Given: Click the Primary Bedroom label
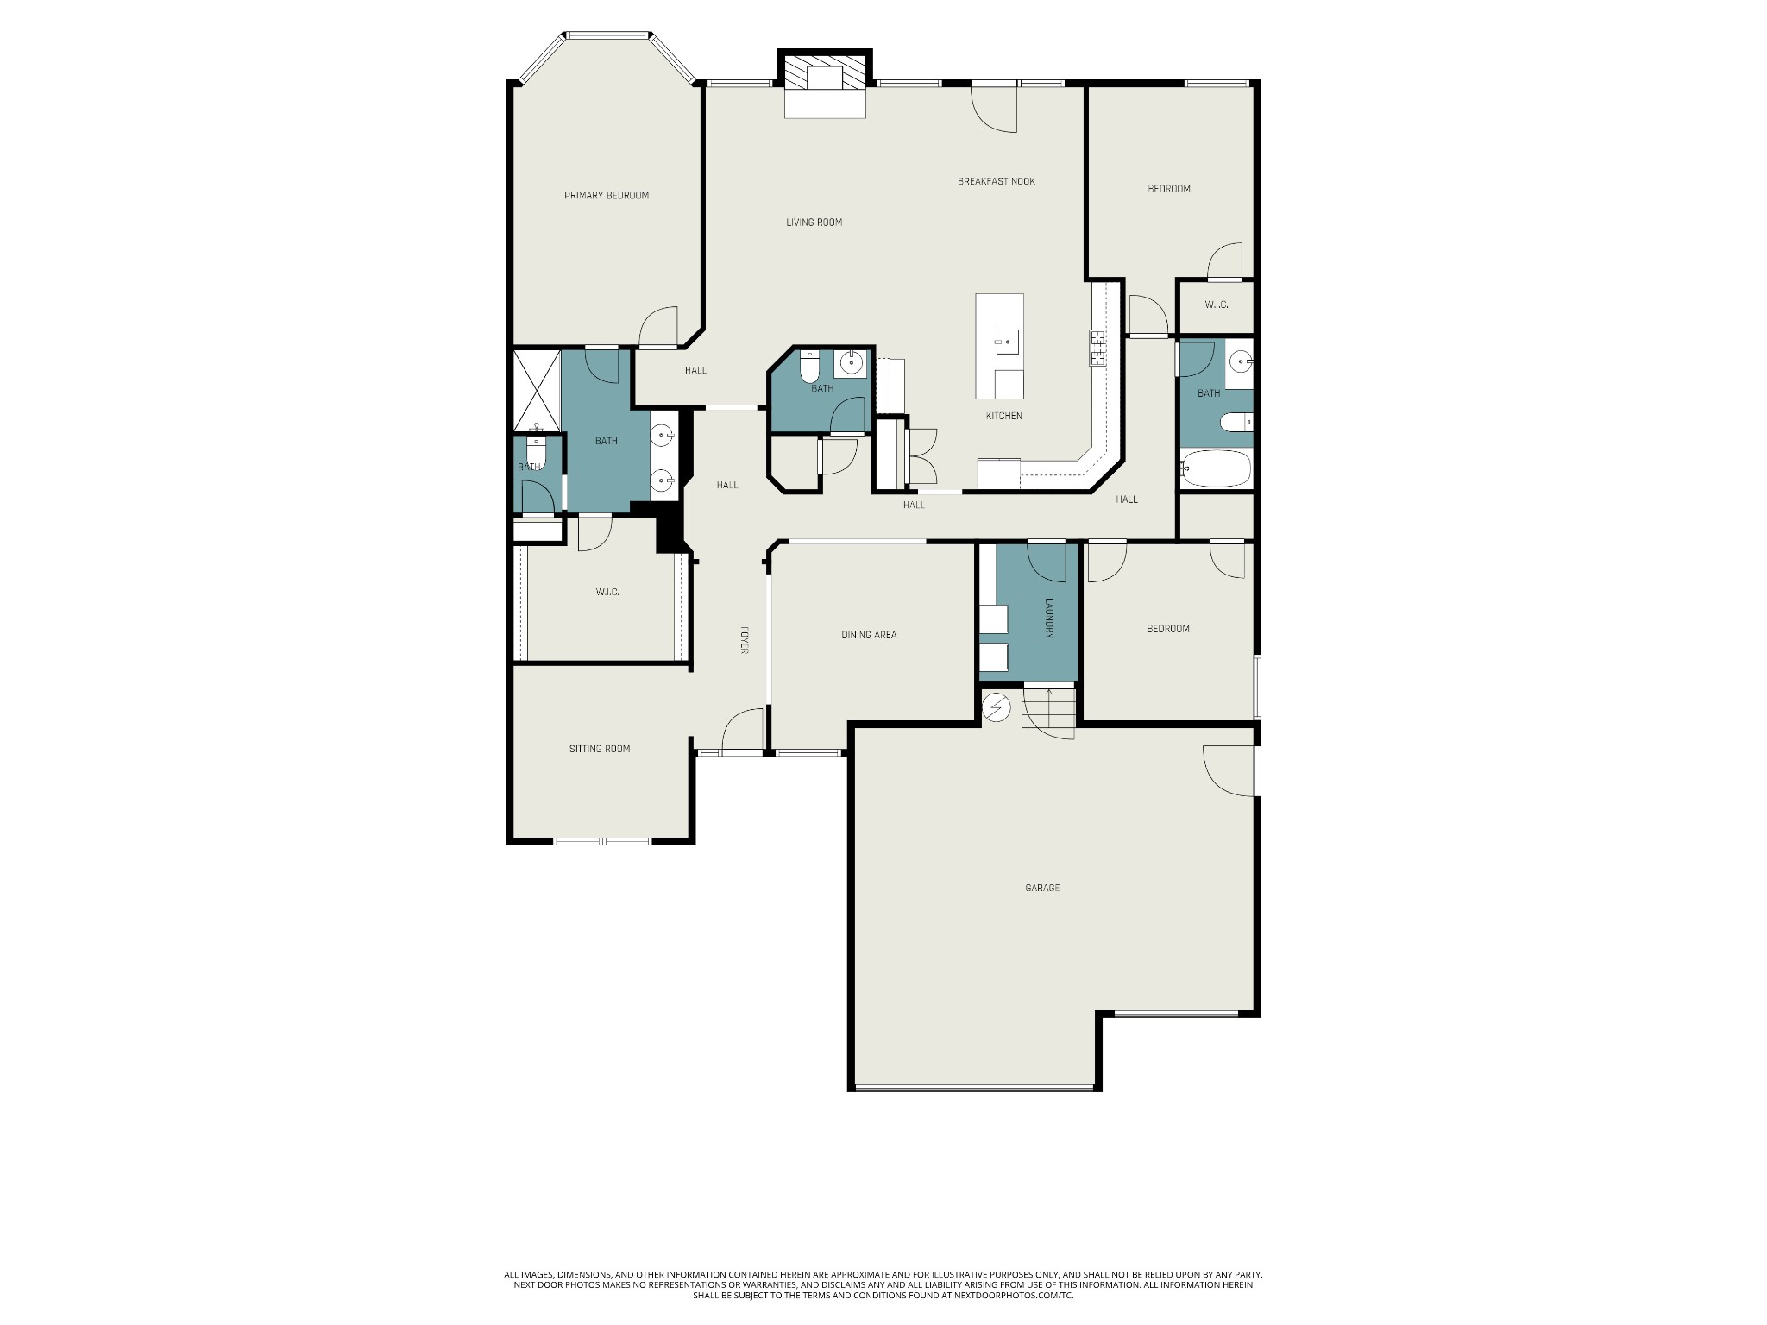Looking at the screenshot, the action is click(607, 196).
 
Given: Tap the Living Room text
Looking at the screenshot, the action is click(814, 223).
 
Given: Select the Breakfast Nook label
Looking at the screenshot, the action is click(997, 181).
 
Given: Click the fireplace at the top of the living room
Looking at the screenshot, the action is click(825, 84).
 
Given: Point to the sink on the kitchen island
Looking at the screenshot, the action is click(1006, 342).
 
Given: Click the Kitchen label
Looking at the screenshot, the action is click(1004, 417).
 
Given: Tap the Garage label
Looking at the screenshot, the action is click(1042, 888).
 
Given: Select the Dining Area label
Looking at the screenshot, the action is click(869, 635).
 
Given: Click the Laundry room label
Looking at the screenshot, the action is click(1050, 619).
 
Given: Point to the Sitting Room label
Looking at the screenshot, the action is click(600, 749).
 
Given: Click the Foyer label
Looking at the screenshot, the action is click(743, 639).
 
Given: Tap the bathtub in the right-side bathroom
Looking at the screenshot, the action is click(1217, 470).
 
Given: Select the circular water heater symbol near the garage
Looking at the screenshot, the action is click(997, 707).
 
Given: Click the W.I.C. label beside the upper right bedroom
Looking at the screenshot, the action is click(1217, 305).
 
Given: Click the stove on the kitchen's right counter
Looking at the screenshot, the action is click(1098, 348).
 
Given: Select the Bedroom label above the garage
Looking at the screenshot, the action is click(1168, 629).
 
